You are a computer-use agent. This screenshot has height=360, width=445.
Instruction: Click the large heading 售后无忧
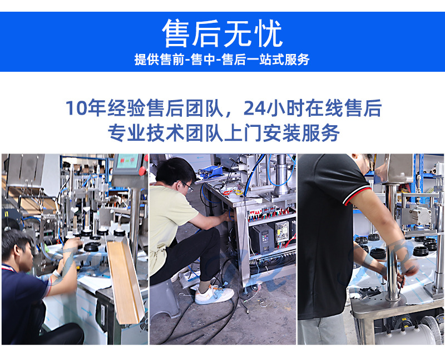pos(222,33)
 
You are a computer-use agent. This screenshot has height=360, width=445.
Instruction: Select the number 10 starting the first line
pos(76,109)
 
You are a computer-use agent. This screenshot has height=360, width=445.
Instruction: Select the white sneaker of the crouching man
pos(214,295)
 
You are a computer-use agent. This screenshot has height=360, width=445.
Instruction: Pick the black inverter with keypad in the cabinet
pos(261,240)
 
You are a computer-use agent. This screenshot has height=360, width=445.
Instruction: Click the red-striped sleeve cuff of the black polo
pos(357,195)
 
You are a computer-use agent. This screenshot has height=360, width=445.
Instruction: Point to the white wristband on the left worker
pos(56,274)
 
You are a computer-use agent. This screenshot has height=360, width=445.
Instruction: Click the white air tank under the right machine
pos(409,334)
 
